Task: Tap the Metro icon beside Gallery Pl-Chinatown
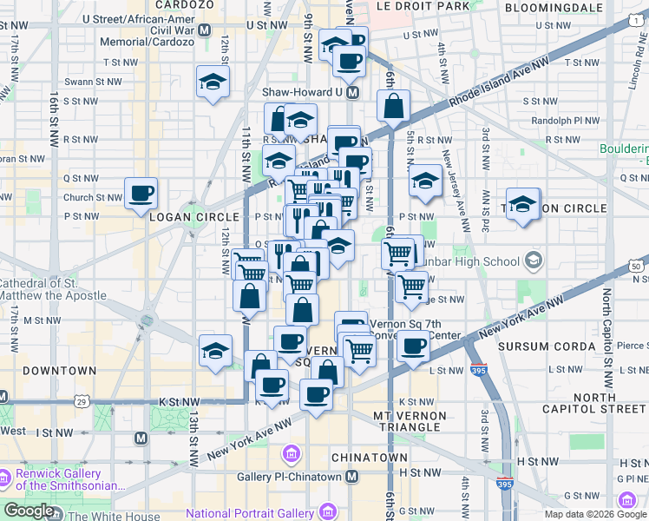coord(351,477)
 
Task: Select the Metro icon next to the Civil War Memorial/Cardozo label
coord(205,30)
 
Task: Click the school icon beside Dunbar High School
coord(533,261)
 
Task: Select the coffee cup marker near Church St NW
coord(141,194)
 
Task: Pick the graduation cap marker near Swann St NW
coord(213,82)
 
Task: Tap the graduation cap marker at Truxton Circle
coord(522,205)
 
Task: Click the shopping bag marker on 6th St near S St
coord(393,106)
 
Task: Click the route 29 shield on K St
coord(81,401)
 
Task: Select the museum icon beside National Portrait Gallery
coord(291,453)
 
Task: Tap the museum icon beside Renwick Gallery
coord(7,478)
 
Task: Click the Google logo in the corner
coord(29,511)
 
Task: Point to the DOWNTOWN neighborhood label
coord(59,371)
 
